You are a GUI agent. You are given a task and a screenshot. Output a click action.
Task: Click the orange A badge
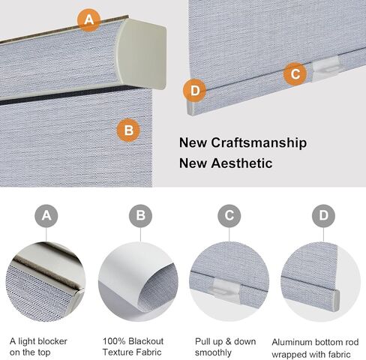click(x=89, y=20)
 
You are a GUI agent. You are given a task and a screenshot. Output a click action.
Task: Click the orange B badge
click(x=129, y=130)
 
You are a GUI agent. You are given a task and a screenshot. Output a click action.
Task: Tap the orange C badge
click(x=295, y=74)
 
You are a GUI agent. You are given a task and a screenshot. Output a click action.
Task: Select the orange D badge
click(x=194, y=91)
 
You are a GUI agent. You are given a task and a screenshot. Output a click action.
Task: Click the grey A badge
click(x=46, y=217)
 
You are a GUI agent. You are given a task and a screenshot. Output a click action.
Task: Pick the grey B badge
click(x=139, y=217)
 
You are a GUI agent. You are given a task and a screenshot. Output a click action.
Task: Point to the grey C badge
click(x=229, y=217)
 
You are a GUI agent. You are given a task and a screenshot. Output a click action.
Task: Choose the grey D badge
click(x=323, y=217)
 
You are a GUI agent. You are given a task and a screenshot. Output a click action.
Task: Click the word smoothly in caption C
click(x=212, y=352)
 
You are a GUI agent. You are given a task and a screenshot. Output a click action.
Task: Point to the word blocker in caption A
click(x=58, y=341)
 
